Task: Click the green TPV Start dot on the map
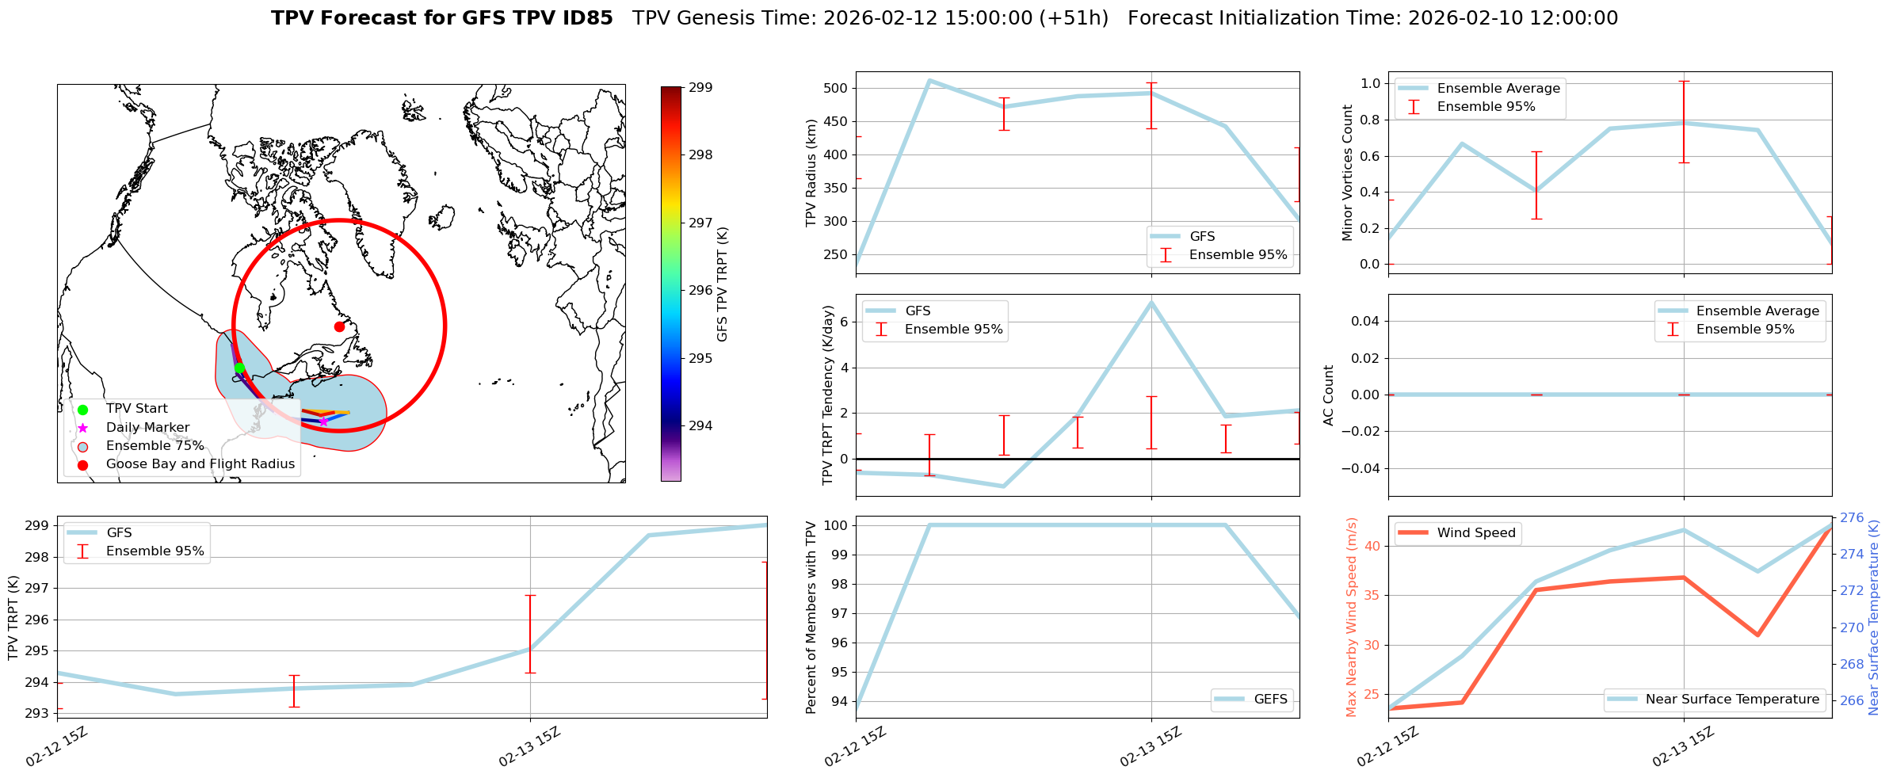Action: tap(239, 368)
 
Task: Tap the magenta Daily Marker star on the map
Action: tap(323, 421)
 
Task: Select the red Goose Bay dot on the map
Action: tap(339, 326)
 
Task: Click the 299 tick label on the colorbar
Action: tap(700, 87)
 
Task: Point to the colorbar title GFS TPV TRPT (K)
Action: tap(722, 284)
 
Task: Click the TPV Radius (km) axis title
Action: tap(811, 173)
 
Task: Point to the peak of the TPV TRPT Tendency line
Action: tap(1151, 302)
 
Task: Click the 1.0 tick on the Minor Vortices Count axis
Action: tap(1370, 83)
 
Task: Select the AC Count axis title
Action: tap(1329, 395)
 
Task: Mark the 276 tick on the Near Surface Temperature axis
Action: tap(1852, 518)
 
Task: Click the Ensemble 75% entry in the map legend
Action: tap(155, 446)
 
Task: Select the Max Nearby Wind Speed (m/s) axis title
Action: tap(1351, 617)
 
